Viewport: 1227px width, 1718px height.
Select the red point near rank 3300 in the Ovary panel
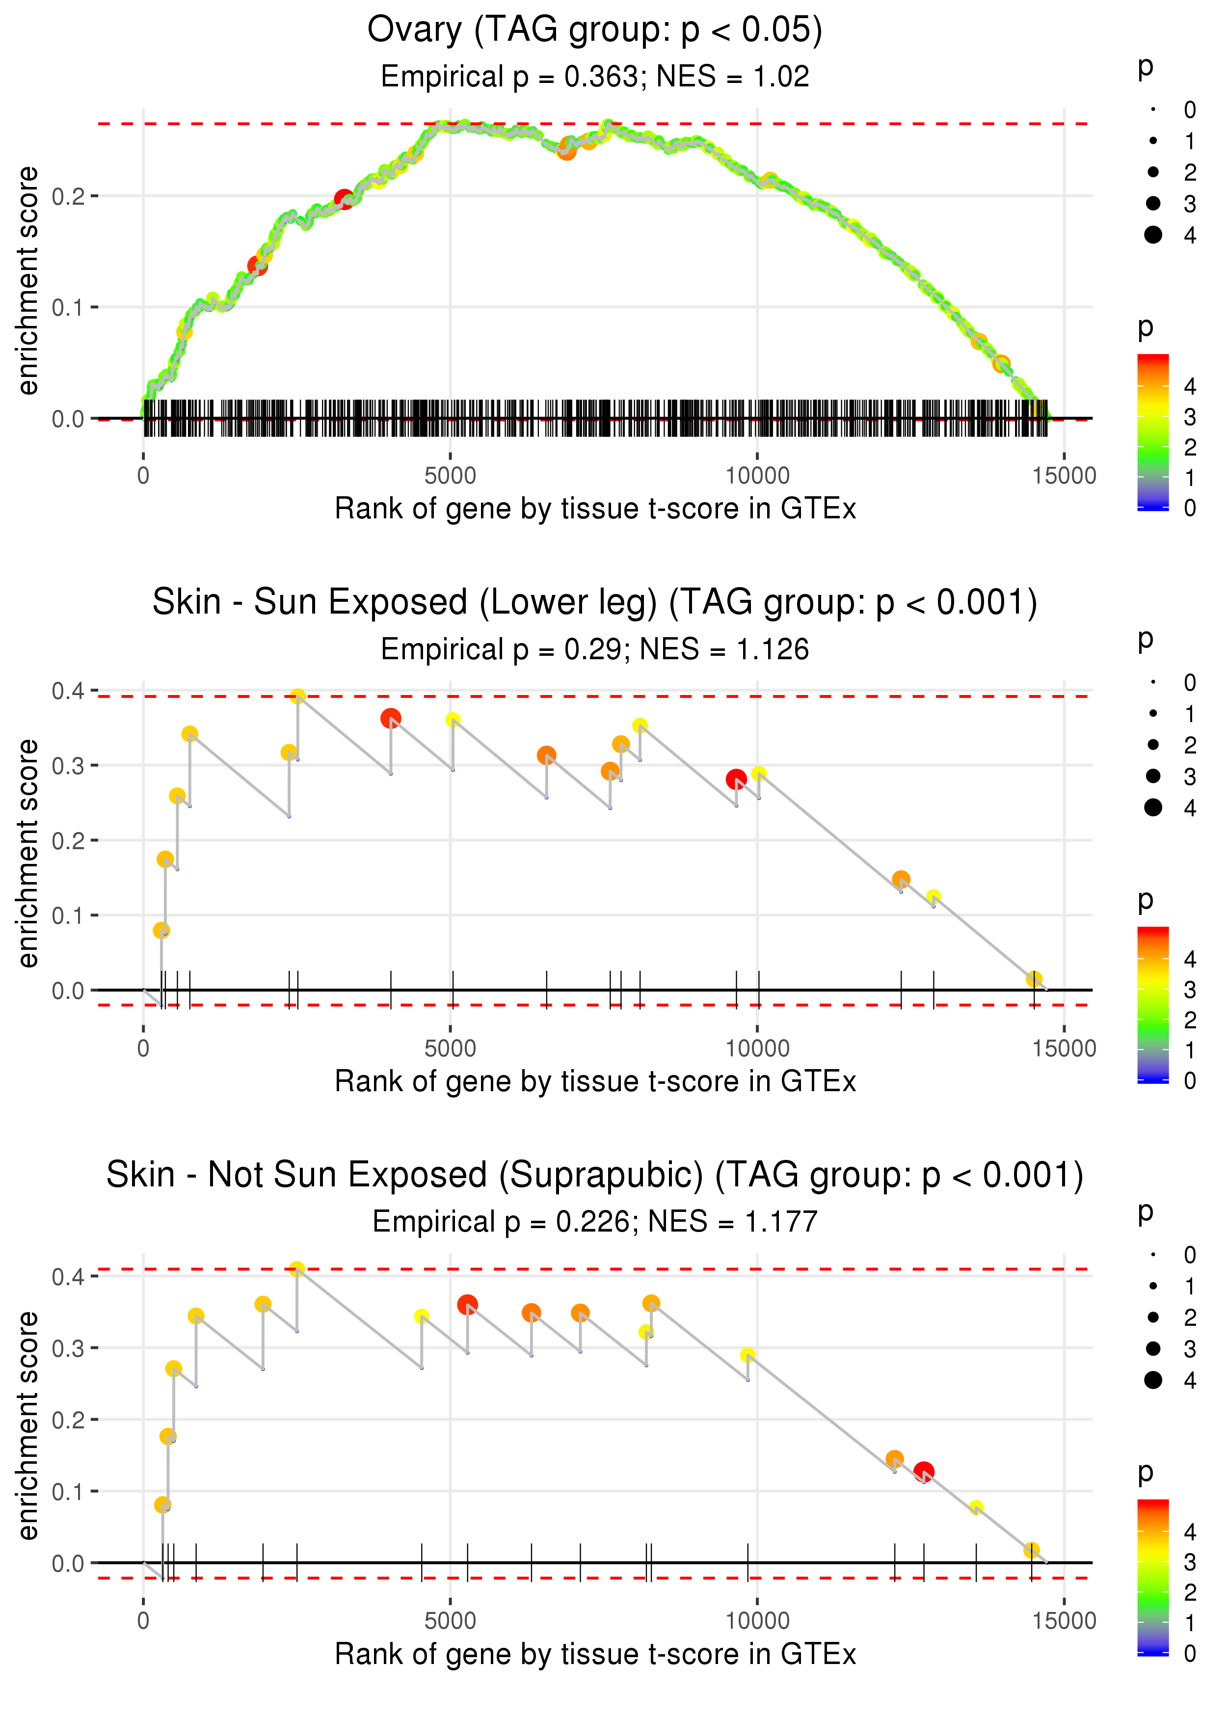[x=344, y=199]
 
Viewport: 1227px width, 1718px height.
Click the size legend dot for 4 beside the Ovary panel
[x=1153, y=235]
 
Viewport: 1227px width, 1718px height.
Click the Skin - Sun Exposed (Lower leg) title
[x=595, y=603]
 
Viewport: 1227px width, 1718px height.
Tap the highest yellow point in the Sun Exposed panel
[x=298, y=696]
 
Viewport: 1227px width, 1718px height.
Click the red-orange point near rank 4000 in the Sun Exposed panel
[x=391, y=719]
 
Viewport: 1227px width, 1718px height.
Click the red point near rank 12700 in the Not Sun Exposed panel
[x=923, y=1472]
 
